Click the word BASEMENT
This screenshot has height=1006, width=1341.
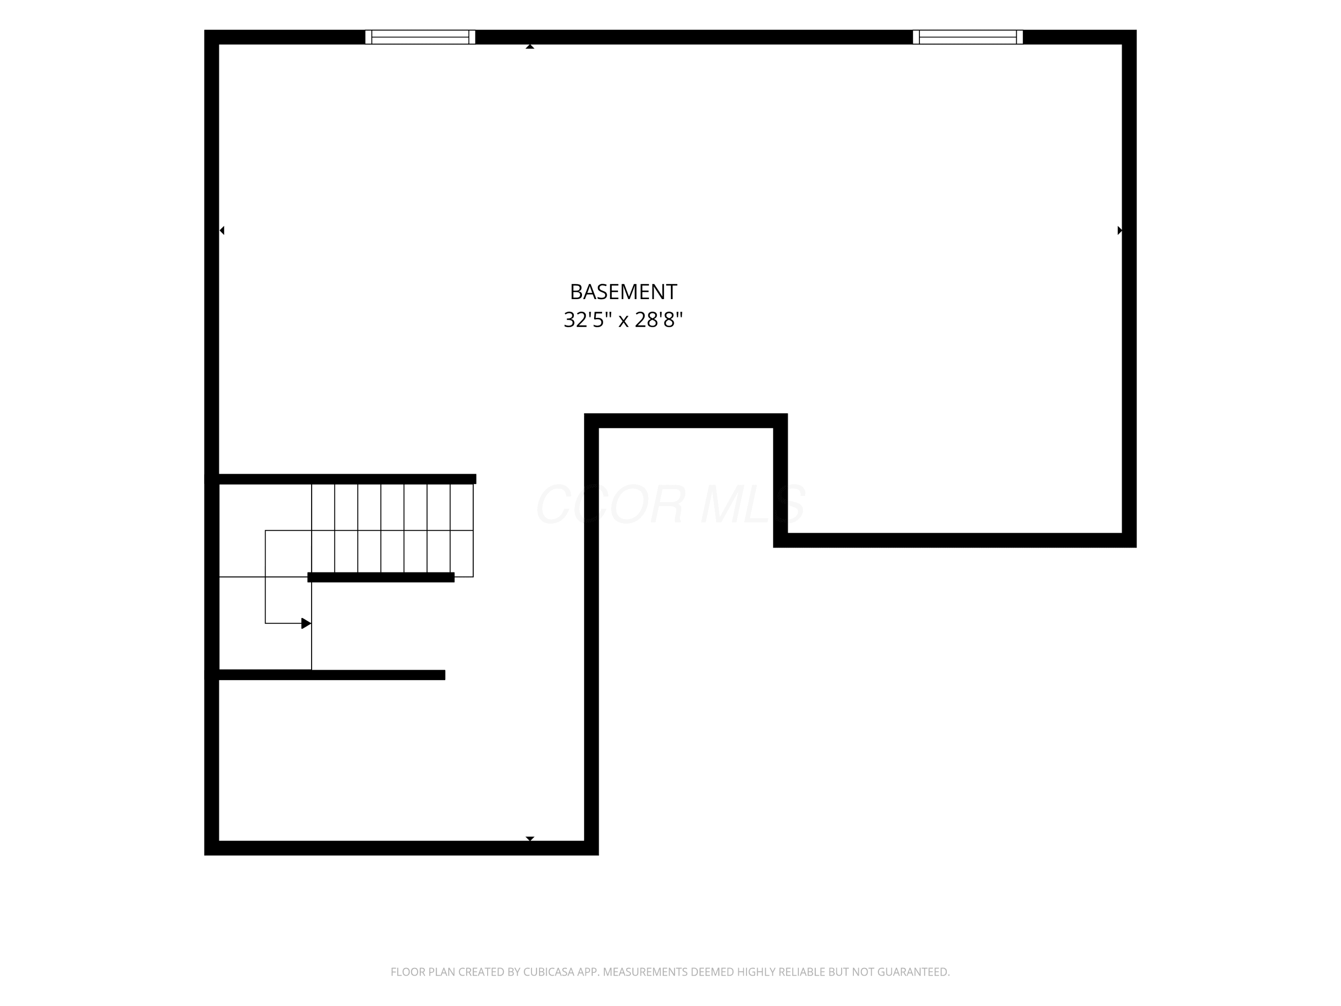(623, 292)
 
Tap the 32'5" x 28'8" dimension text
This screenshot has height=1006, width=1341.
(623, 320)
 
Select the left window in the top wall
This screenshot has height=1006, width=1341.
(420, 37)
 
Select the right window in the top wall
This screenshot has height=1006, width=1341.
(968, 37)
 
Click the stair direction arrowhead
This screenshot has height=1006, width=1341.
(306, 623)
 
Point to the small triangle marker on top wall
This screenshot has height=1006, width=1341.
(530, 46)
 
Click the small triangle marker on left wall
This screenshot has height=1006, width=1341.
(222, 230)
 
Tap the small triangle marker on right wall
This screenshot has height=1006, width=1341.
(1120, 230)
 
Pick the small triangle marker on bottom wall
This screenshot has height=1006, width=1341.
(530, 839)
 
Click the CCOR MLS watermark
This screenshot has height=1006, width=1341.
(670, 504)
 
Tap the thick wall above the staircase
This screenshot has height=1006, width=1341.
(347, 479)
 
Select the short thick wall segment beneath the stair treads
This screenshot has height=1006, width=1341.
(381, 577)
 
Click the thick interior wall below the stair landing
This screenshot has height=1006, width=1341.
(332, 675)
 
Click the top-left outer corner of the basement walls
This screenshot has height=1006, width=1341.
(205, 30)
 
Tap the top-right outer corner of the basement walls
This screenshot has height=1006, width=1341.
(1136, 30)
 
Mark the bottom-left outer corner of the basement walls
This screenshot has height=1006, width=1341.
(205, 855)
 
